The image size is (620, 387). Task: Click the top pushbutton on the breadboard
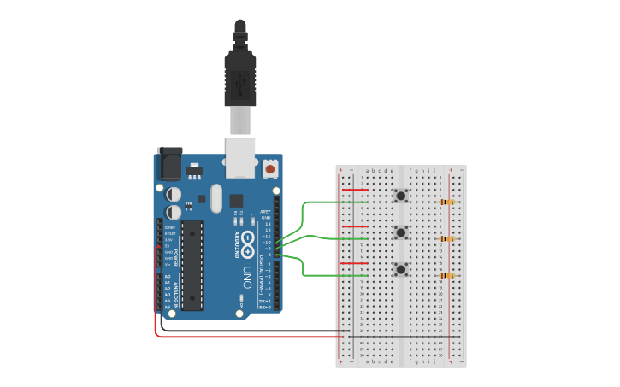[400, 196]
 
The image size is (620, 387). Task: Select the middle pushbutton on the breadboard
[400, 232]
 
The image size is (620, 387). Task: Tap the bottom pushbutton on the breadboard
[400, 269]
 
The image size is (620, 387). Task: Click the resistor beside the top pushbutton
[446, 202]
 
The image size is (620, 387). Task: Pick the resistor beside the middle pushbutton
[446, 239]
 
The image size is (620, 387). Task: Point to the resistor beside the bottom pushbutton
[446, 275]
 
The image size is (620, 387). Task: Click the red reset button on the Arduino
[271, 169]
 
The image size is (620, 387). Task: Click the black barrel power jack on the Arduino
[169, 162]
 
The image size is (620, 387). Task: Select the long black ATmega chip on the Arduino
[192, 265]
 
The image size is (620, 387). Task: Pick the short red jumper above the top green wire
[355, 190]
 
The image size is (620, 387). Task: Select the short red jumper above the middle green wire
[355, 226]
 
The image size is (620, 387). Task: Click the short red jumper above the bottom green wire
[355, 263]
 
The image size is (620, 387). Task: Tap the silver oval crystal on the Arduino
[216, 199]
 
